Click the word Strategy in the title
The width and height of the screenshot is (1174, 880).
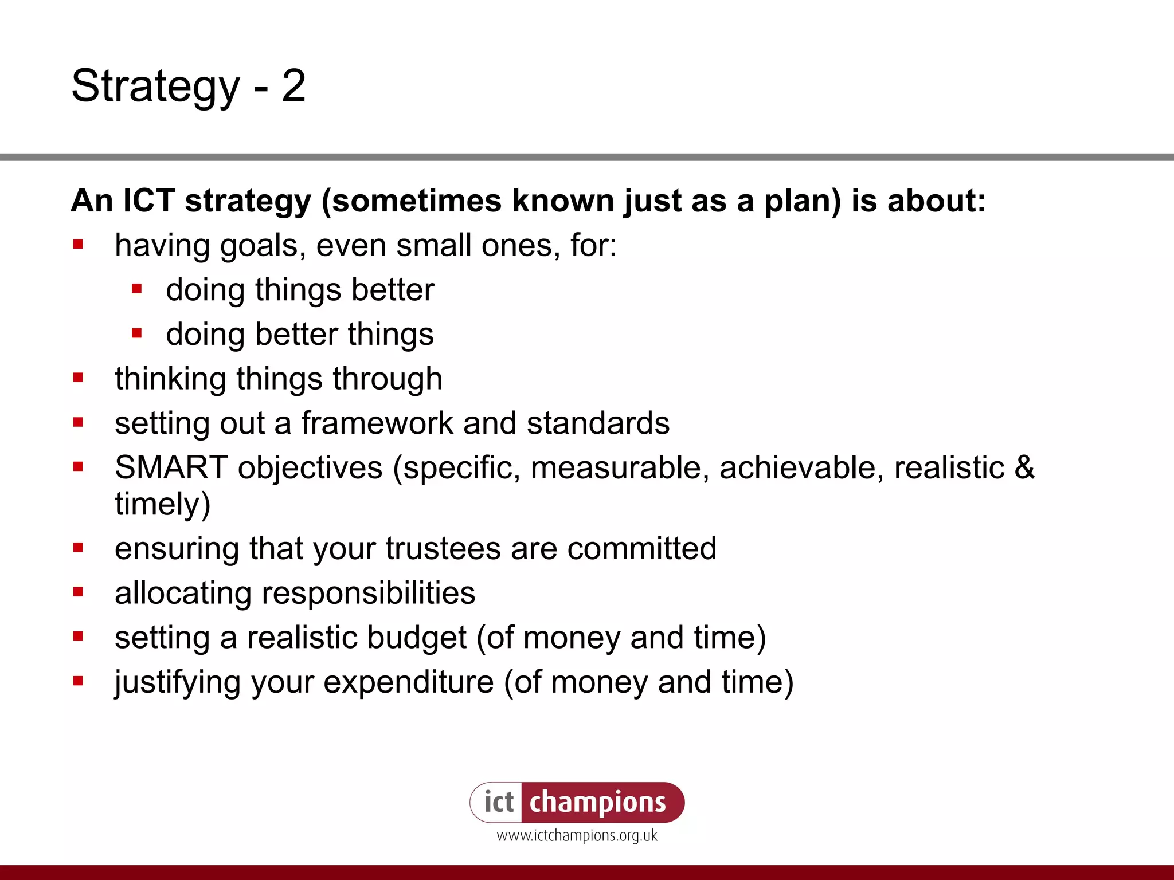coord(155,86)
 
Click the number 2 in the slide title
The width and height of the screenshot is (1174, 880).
coord(293,86)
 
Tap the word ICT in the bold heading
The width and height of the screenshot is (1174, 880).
coord(148,201)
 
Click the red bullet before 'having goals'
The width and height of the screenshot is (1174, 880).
coord(79,245)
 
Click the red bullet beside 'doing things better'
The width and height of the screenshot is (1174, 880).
coord(136,289)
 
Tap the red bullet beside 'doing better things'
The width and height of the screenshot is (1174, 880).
coord(136,333)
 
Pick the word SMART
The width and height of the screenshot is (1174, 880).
coord(171,467)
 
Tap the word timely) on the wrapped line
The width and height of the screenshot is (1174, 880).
coord(163,504)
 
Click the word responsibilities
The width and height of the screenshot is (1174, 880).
coord(368,592)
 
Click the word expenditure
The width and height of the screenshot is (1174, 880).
coord(408,682)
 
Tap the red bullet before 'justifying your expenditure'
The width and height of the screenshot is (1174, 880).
coord(79,681)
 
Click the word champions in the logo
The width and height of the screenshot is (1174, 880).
coord(597,802)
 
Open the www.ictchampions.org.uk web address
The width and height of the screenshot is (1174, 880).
coord(577,836)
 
